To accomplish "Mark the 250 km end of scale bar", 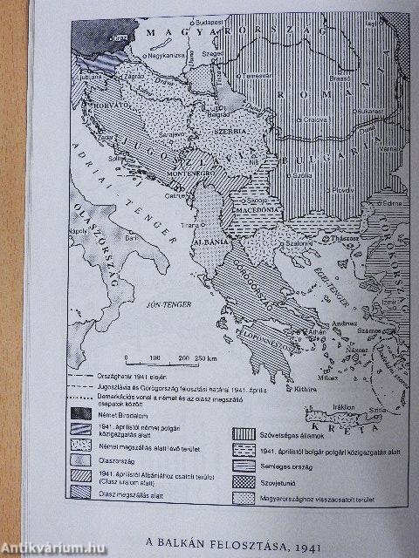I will tap(206, 357).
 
